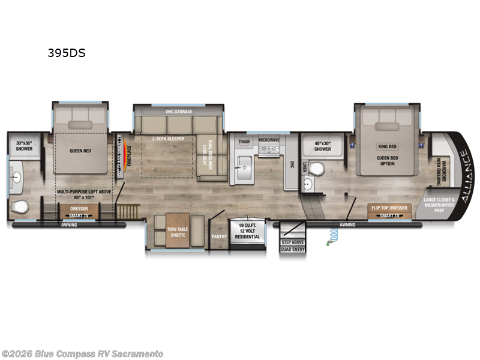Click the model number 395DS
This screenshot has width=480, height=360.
[x=67, y=53]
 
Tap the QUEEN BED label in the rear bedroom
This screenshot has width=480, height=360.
[x=80, y=151]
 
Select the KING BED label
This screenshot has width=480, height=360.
[x=387, y=146]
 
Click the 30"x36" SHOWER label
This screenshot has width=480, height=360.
[x=24, y=146]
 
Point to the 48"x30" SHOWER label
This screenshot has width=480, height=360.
[x=322, y=146]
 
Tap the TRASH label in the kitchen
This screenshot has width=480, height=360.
[x=244, y=142]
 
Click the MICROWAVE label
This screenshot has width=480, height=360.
[x=269, y=139]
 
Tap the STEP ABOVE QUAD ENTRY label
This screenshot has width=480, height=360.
[x=293, y=245]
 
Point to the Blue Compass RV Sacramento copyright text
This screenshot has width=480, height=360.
[x=82, y=353]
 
